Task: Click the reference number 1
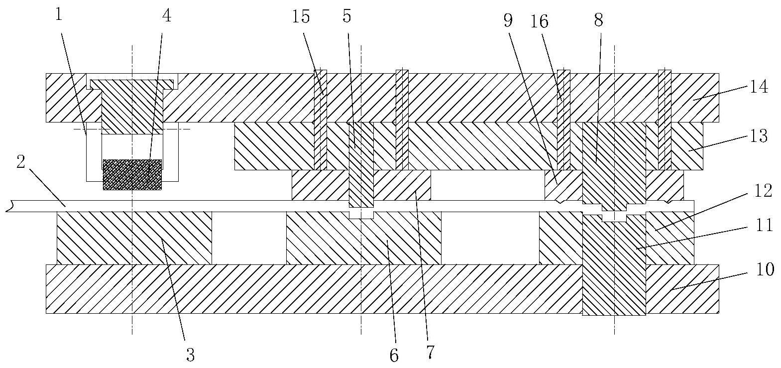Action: [x=59, y=15]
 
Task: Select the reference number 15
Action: [x=301, y=17]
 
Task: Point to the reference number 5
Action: [x=347, y=16]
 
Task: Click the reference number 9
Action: [x=507, y=20]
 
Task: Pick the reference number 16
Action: [x=540, y=21]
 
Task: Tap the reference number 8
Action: [x=599, y=19]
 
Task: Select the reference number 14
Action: [x=759, y=87]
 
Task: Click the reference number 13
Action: [x=759, y=135]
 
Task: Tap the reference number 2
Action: [x=21, y=163]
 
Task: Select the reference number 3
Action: [x=190, y=355]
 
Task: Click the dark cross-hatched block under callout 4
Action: [x=132, y=174]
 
